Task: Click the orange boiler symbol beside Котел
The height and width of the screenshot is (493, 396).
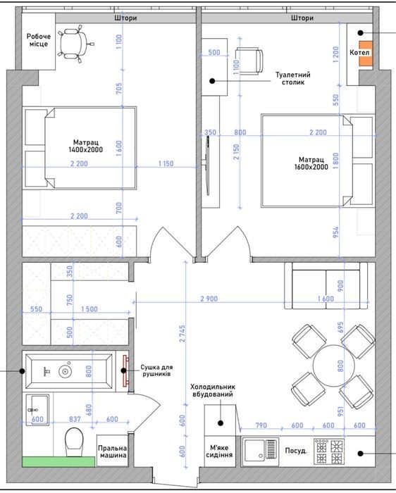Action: pos(366,54)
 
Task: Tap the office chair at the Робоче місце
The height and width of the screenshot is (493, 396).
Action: pos(75,44)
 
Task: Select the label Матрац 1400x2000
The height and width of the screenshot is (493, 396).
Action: pos(86,146)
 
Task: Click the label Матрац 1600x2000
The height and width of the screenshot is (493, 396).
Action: pos(311,163)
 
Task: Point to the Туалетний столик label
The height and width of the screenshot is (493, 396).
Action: pos(293,79)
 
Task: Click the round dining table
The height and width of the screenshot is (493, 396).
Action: pos(334,366)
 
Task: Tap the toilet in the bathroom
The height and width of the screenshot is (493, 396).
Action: pos(74,442)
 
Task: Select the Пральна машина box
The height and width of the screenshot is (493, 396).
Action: pos(112,451)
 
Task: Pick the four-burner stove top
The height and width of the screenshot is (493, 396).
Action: pos(328,451)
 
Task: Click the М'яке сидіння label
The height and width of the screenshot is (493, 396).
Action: pos(219,451)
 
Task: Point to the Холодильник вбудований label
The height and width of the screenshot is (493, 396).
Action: pos(213,390)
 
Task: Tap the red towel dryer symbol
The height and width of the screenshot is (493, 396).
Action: pos(126,370)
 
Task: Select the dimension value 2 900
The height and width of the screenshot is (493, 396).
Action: pos(209,299)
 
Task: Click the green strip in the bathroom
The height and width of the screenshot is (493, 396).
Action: pos(58,461)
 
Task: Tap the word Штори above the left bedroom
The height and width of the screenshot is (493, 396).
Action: pos(125,18)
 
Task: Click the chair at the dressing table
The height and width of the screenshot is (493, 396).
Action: pos(249,61)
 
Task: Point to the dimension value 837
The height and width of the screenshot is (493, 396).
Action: pos(75,419)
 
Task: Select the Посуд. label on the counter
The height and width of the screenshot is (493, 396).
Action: pos(296,451)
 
